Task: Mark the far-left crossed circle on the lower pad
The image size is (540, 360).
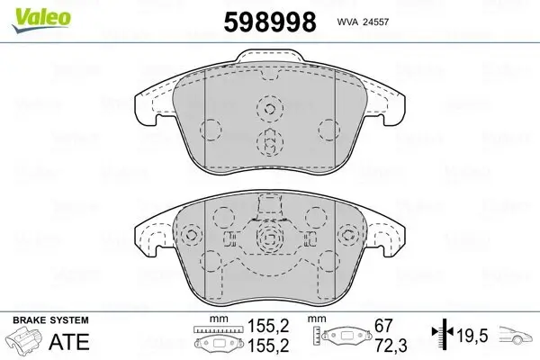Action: pyautogui.click(x=190, y=235)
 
